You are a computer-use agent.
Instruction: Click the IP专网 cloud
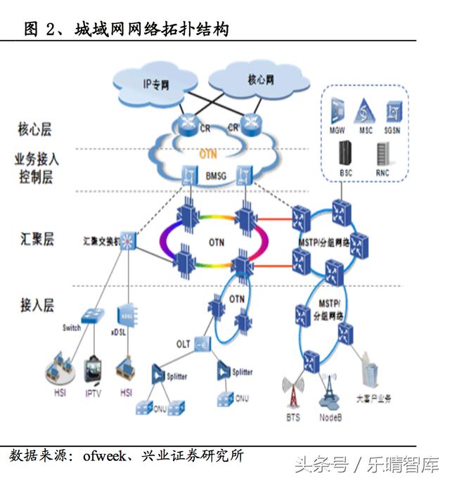(155, 84)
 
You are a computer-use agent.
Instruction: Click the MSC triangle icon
(364, 111)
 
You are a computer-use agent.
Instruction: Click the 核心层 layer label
(34, 129)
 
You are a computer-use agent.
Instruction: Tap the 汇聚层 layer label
(37, 239)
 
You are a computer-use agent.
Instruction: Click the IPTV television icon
(94, 370)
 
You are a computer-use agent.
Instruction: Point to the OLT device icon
(202, 344)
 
